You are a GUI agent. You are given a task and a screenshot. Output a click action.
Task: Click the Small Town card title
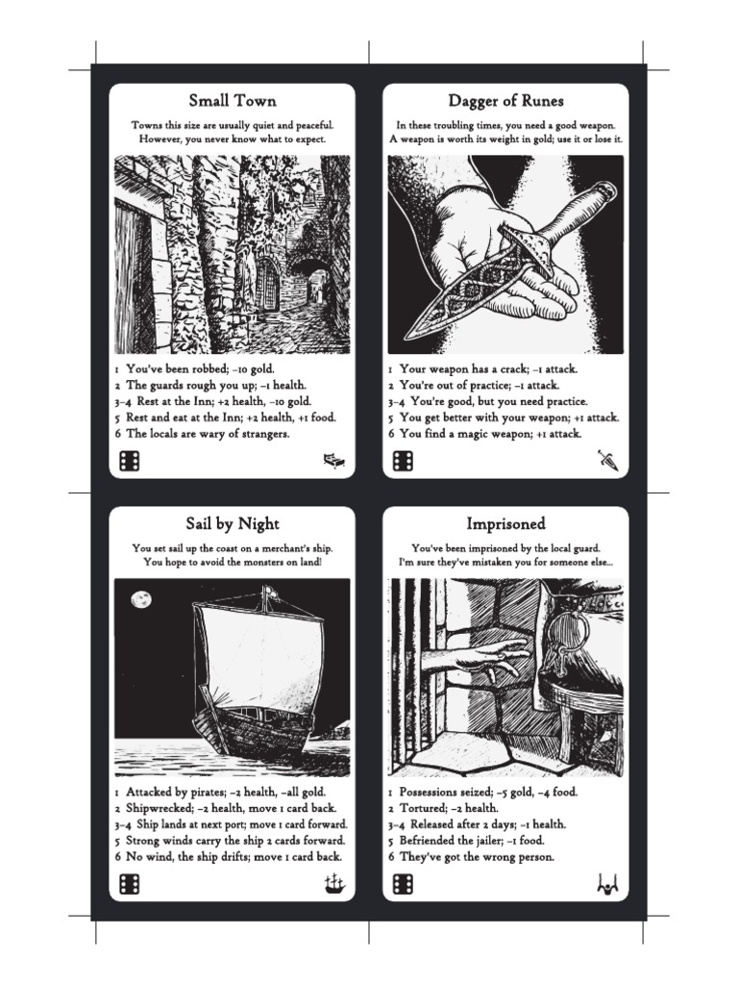(x=232, y=101)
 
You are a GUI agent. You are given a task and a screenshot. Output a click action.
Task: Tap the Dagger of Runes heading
(x=505, y=101)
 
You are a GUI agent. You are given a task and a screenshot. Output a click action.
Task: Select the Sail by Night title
(x=232, y=523)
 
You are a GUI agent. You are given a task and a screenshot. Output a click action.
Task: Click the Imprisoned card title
(x=505, y=523)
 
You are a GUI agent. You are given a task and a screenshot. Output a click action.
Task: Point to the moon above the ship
(x=141, y=599)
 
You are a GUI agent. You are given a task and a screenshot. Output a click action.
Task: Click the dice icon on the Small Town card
(x=129, y=462)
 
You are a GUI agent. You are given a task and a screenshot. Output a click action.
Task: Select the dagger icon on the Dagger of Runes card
(x=606, y=462)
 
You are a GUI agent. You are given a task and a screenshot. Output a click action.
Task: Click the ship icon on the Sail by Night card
(x=333, y=883)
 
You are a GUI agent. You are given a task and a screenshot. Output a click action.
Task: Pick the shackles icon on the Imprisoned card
(x=606, y=883)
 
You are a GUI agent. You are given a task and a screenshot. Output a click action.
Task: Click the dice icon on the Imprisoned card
(x=403, y=884)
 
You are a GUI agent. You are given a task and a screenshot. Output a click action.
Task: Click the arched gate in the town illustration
(x=266, y=284)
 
